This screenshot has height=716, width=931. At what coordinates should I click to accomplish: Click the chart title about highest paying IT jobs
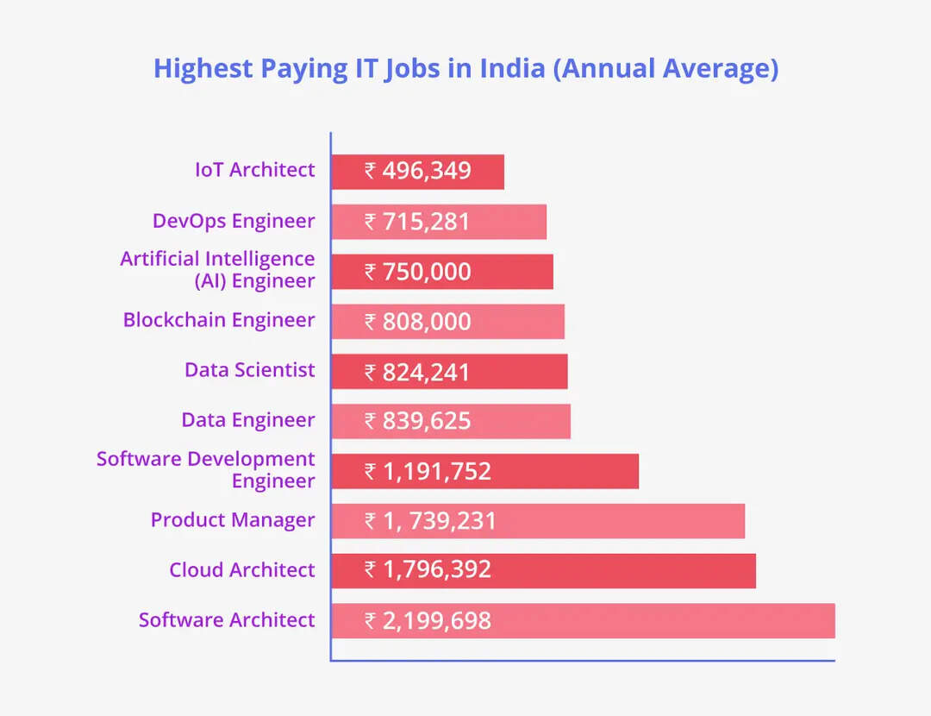click(x=465, y=68)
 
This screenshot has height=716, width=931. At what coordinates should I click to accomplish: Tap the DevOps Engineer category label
click(x=234, y=222)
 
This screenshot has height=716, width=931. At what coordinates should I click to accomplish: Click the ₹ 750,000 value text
click(x=418, y=272)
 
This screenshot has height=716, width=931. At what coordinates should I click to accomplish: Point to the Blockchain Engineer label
click(x=219, y=320)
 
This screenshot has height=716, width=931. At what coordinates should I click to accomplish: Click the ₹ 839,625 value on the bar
click(x=418, y=421)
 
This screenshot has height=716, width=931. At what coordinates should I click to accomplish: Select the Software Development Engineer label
click(x=206, y=470)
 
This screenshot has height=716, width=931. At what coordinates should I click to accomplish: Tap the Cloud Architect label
click(x=242, y=570)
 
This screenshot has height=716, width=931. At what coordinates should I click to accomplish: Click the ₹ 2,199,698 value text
click(x=428, y=620)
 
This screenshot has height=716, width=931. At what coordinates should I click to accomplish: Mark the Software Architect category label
click(x=227, y=620)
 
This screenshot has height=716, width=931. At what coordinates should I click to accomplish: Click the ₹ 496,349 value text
click(x=418, y=171)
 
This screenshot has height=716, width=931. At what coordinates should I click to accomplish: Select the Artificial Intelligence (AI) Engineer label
click(x=218, y=270)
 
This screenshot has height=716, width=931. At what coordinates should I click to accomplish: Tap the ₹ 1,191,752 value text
click(x=428, y=472)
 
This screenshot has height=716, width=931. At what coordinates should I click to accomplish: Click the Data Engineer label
click(x=248, y=420)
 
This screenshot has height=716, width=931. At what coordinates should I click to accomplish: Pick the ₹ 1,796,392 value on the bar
click(x=428, y=570)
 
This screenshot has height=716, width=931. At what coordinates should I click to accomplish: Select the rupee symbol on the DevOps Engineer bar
click(x=370, y=222)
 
